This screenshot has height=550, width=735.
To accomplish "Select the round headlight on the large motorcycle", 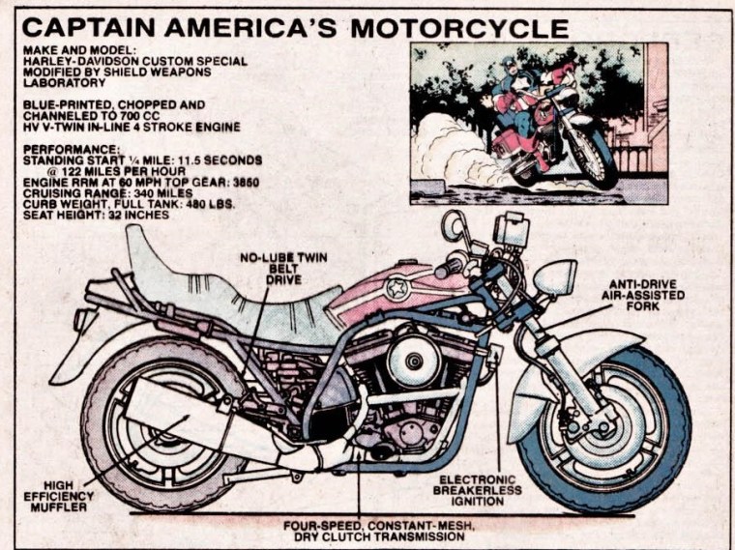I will coord(555,277).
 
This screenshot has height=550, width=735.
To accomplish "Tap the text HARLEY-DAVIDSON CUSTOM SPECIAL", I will coord(134,60).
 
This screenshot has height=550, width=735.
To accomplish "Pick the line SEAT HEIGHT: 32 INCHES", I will coord(96,215).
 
